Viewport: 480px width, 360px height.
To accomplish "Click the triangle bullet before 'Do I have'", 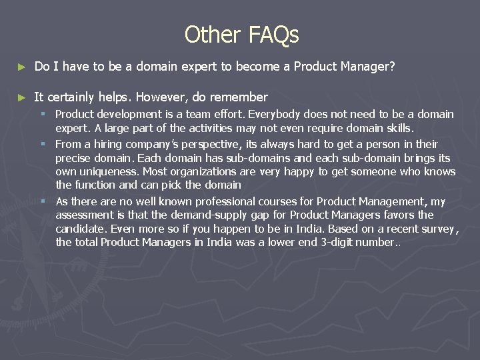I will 21,67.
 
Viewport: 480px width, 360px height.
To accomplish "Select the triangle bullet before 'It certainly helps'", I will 21,97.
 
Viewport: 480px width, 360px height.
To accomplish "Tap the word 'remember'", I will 238,97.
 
